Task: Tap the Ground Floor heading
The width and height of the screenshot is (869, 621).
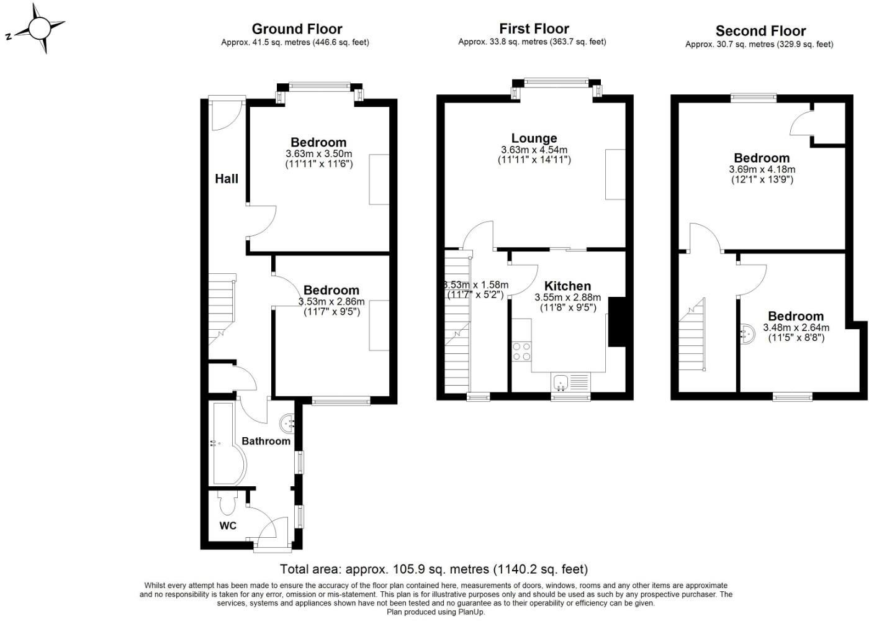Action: (297, 29)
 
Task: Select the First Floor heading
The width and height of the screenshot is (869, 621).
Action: (534, 29)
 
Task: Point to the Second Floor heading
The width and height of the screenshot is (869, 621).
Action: (760, 31)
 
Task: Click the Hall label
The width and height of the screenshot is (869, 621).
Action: (227, 179)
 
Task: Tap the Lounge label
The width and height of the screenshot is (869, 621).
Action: (534, 138)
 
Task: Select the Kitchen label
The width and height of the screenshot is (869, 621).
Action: (567, 286)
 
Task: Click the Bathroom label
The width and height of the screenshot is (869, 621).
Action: (266, 441)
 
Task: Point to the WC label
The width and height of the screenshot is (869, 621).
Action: (228, 526)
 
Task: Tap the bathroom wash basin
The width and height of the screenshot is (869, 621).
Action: (288, 424)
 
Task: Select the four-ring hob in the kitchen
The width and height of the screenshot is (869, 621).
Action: (521, 351)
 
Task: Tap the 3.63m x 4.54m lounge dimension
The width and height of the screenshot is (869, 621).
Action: (534, 150)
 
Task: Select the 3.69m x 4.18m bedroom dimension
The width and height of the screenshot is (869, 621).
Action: (762, 169)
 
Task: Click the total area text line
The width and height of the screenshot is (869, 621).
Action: (433, 569)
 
